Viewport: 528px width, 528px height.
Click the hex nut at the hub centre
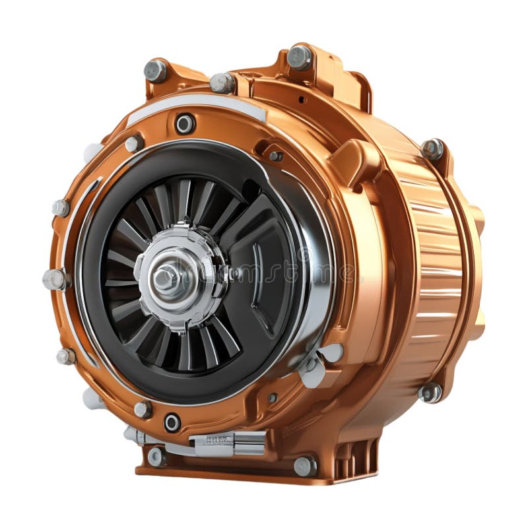(x=164, y=278)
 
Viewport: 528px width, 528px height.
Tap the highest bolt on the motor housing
(x=299, y=57)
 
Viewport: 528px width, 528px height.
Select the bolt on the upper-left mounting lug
(x=156, y=70)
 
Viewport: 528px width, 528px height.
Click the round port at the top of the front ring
(x=185, y=123)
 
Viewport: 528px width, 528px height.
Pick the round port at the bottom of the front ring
(x=172, y=422)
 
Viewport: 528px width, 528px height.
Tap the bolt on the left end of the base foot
(x=156, y=456)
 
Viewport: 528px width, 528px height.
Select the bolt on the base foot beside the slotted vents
(x=304, y=466)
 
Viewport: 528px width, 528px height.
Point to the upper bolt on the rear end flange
(x=432, y=148)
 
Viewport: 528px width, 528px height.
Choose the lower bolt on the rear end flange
(x=430, y=393)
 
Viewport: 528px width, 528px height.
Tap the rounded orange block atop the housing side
(x=356, y=159)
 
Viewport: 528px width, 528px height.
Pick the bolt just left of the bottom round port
(x=143, y=410)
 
